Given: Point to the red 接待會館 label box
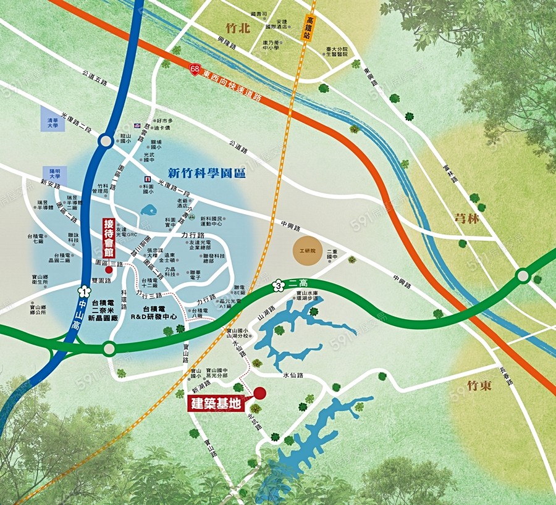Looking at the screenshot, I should click(109, 239).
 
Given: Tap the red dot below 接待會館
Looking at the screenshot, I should click(109, 269).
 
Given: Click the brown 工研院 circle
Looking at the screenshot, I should click(308, 251).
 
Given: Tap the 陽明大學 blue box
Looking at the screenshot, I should click(53, 173).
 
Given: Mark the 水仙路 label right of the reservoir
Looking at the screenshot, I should click(294, 375).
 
